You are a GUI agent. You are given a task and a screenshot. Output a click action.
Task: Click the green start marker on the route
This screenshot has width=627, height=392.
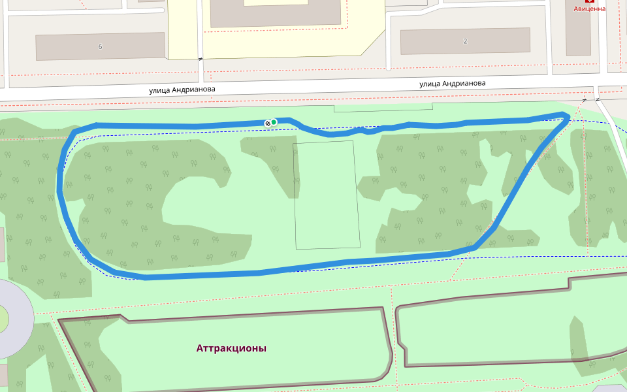click(x=274, y=122)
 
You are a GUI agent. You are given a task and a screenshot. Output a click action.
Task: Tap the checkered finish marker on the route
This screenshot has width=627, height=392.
click(x=267, y=123)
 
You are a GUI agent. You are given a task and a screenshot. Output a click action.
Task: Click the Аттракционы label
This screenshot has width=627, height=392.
click(x=231, y=348)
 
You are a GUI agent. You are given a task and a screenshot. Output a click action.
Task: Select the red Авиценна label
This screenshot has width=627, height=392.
click(x=589, y=9)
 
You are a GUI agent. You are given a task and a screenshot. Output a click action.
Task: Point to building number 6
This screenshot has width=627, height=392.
click(x=100, y=46)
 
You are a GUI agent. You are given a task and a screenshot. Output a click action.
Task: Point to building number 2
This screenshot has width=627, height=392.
click(x=465, y=41)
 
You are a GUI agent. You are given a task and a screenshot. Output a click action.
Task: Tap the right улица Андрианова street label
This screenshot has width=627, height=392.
click(x=452, y=84)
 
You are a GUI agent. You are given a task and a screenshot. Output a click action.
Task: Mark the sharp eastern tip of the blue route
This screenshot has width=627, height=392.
click(x=568, y=116)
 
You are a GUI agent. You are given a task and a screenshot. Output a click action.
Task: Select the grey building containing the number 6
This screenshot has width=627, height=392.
click(x=72, y=46)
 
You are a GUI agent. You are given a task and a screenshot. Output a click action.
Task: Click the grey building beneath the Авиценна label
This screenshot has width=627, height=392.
click(x=578, y=33)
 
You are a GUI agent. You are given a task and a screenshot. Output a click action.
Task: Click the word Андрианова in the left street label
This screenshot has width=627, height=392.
click(x=194, y=90)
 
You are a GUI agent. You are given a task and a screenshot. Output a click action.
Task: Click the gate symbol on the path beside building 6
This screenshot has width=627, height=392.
click(x=201, y=59)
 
